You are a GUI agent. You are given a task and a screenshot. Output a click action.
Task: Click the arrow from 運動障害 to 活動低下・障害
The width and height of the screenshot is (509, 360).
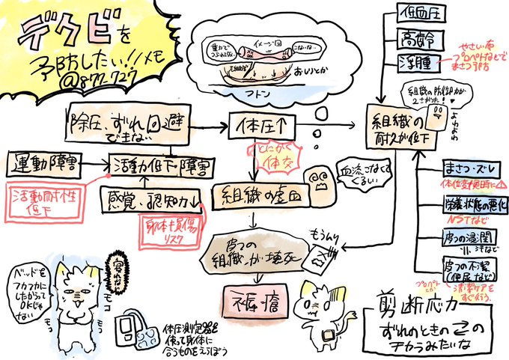tap(97, 162)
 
